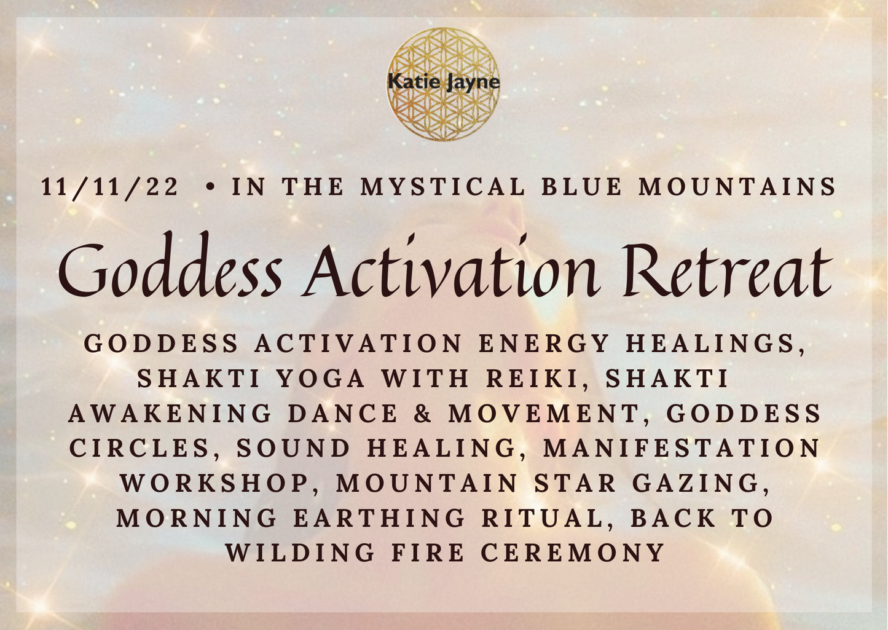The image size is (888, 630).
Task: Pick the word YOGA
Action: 321,379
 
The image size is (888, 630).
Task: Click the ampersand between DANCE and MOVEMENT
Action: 424,414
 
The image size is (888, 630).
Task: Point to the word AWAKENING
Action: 170,414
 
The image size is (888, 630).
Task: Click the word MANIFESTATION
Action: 682,449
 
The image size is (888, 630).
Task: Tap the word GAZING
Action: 700,484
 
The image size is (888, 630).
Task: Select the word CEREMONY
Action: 573,553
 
